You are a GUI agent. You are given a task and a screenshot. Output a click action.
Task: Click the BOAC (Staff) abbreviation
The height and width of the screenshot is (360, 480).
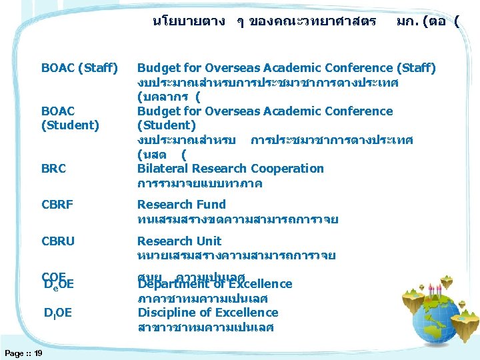(79, 68)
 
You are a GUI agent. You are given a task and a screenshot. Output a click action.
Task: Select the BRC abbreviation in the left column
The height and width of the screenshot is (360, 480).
(54, 169)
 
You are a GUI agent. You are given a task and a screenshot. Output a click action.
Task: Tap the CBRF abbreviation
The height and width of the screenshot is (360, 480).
(57, 205)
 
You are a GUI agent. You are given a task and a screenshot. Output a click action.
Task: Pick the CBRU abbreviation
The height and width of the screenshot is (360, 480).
(58, 241)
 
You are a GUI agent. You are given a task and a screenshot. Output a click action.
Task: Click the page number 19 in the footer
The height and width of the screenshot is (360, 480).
(38, 353)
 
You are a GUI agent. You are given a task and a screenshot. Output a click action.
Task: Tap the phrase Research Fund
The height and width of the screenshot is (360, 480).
(181, 205)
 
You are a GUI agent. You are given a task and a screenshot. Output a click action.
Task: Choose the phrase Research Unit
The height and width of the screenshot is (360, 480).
(179, 241)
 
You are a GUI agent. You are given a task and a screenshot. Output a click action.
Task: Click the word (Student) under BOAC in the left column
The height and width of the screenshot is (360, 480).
(70, 125)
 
